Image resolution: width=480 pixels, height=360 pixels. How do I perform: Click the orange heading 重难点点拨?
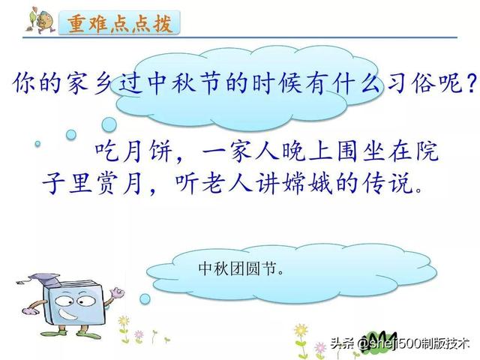[119, 23]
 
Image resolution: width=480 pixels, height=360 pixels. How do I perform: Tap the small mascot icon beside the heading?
[40, 19]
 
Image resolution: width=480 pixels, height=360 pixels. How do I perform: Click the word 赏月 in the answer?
[120, 183]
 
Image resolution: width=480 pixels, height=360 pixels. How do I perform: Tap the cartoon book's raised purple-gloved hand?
[117, 292]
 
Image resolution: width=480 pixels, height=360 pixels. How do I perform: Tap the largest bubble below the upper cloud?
[109, 124]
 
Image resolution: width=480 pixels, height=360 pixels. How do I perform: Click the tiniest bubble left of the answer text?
[37, 143]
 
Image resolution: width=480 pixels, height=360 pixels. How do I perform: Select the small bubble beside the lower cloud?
[145, 299]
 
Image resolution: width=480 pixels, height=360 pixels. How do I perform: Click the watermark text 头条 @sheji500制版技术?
[400, 343]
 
